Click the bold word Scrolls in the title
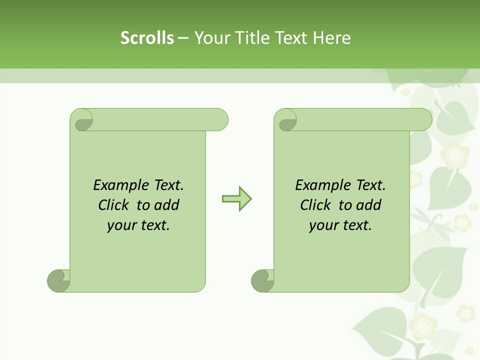point(147,38)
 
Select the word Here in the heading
point(331,38)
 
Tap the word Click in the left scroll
point(114,205)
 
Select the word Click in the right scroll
point(316,205)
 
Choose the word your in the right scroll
point(323,225)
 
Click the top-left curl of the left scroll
point(82,120)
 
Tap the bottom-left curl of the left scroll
point(58,280)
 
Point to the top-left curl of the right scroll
point(286,120)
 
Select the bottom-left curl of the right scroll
point(262,280)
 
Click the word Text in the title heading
point(291,38)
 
